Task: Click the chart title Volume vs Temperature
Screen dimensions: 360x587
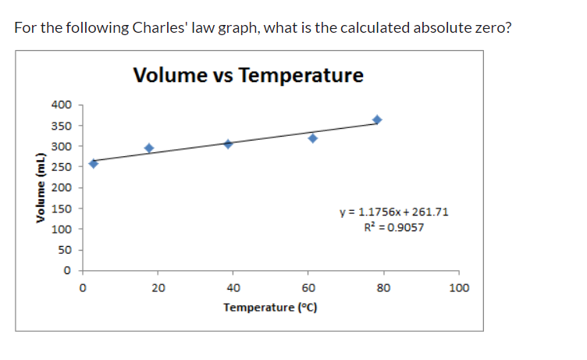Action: coord(248,76)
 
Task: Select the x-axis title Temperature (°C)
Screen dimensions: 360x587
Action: coord(270,307)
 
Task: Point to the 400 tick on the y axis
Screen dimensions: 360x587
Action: coord(61,105)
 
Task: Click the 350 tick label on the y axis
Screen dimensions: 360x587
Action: coord(61,126)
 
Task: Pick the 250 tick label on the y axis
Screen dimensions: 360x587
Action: coord(61,167)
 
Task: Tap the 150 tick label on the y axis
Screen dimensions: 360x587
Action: coord(61,209)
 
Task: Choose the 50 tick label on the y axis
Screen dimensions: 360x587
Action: coord(64,250)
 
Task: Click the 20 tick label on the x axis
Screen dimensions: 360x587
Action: coord(158,287)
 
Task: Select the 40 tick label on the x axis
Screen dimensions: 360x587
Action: coord(233,287)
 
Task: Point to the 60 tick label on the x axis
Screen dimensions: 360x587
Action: coord(308,287)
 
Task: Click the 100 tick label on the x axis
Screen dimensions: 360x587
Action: coord(460,287)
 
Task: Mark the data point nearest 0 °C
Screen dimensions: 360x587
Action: coord(94,163)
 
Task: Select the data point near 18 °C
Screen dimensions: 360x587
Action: coord(149,148)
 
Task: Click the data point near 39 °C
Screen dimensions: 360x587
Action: coord(229,144)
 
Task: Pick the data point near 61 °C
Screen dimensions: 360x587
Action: coord(313,138)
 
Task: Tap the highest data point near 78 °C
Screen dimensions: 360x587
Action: coord(377,119)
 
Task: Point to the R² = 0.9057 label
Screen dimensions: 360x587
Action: coord(394,227)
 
